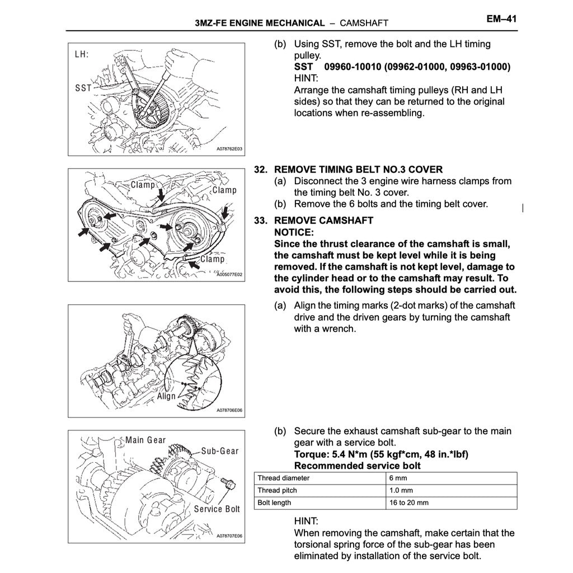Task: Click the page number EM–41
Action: pos(501,18)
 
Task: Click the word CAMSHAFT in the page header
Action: pos(364,23)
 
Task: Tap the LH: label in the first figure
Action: pos(82,55)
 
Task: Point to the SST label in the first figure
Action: pos(83,88)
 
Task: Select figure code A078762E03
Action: pos(229,149)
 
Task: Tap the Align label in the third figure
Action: pos(166,396)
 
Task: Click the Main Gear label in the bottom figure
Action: pos(145,440)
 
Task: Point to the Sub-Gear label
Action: pos(219,451)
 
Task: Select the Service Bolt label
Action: pos(217,509)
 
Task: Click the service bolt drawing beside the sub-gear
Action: pos(227,483)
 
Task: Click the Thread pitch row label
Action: pos(277,490)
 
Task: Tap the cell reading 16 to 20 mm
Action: pos(408,502)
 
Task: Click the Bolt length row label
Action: pos(274,502)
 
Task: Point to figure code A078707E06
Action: pos(229,536)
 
